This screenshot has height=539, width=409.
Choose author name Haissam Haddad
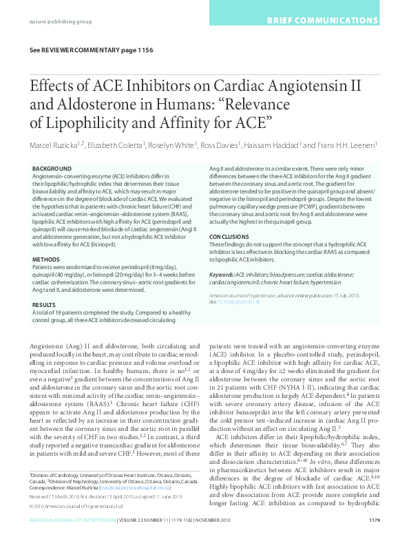tap(272, 145)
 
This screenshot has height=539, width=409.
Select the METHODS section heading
tap(47, 240)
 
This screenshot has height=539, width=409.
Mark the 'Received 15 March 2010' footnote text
tap(56, 496)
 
